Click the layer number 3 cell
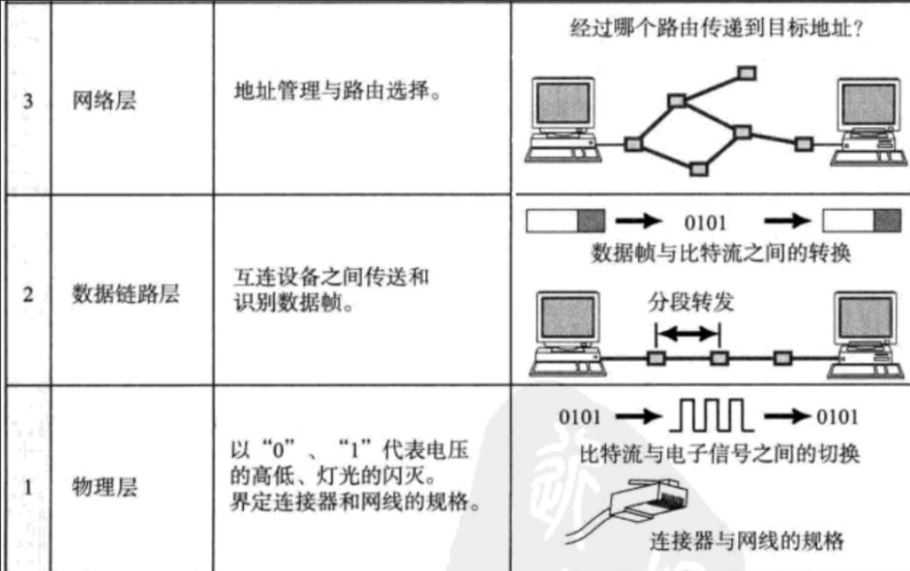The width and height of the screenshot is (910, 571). pyautogui.click(x=27, y=102)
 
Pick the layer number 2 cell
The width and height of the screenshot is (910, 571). pyautogui.click(x=27, y=294)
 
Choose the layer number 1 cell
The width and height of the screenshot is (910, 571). pyautogui.click(x=27, y=488)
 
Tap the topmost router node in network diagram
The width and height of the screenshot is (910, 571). pyautogui.click(x=745, y=70)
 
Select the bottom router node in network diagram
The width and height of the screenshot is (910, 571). pyautogui.click(x=698, y=167)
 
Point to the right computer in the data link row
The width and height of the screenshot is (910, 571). pyautogui.click(x=868, y=328)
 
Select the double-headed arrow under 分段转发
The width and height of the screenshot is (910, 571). pyautogui.click(x=687, y=334)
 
